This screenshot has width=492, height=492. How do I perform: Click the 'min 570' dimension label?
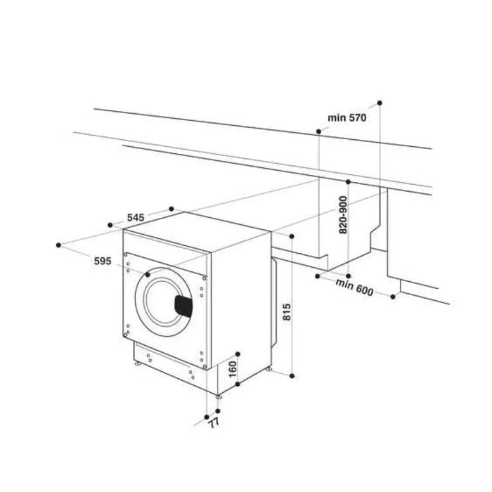coord(347,118)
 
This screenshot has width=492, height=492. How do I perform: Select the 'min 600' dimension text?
coord(354,288)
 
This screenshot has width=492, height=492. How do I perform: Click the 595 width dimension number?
coord(103,261)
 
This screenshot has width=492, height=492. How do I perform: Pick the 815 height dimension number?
coord(287,310)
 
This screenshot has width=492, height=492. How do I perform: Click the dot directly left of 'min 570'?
coord(320,131)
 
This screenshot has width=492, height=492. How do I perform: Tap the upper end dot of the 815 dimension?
coord(291,238)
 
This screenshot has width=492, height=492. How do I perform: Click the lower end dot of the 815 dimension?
coord(291,377)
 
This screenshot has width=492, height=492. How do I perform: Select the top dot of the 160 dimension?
coord(238,354)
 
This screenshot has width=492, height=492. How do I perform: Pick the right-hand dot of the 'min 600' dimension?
coord(393,297)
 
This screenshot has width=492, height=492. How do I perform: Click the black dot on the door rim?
coord(148,276)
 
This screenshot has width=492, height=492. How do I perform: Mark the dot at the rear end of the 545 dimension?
coord(172,209)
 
